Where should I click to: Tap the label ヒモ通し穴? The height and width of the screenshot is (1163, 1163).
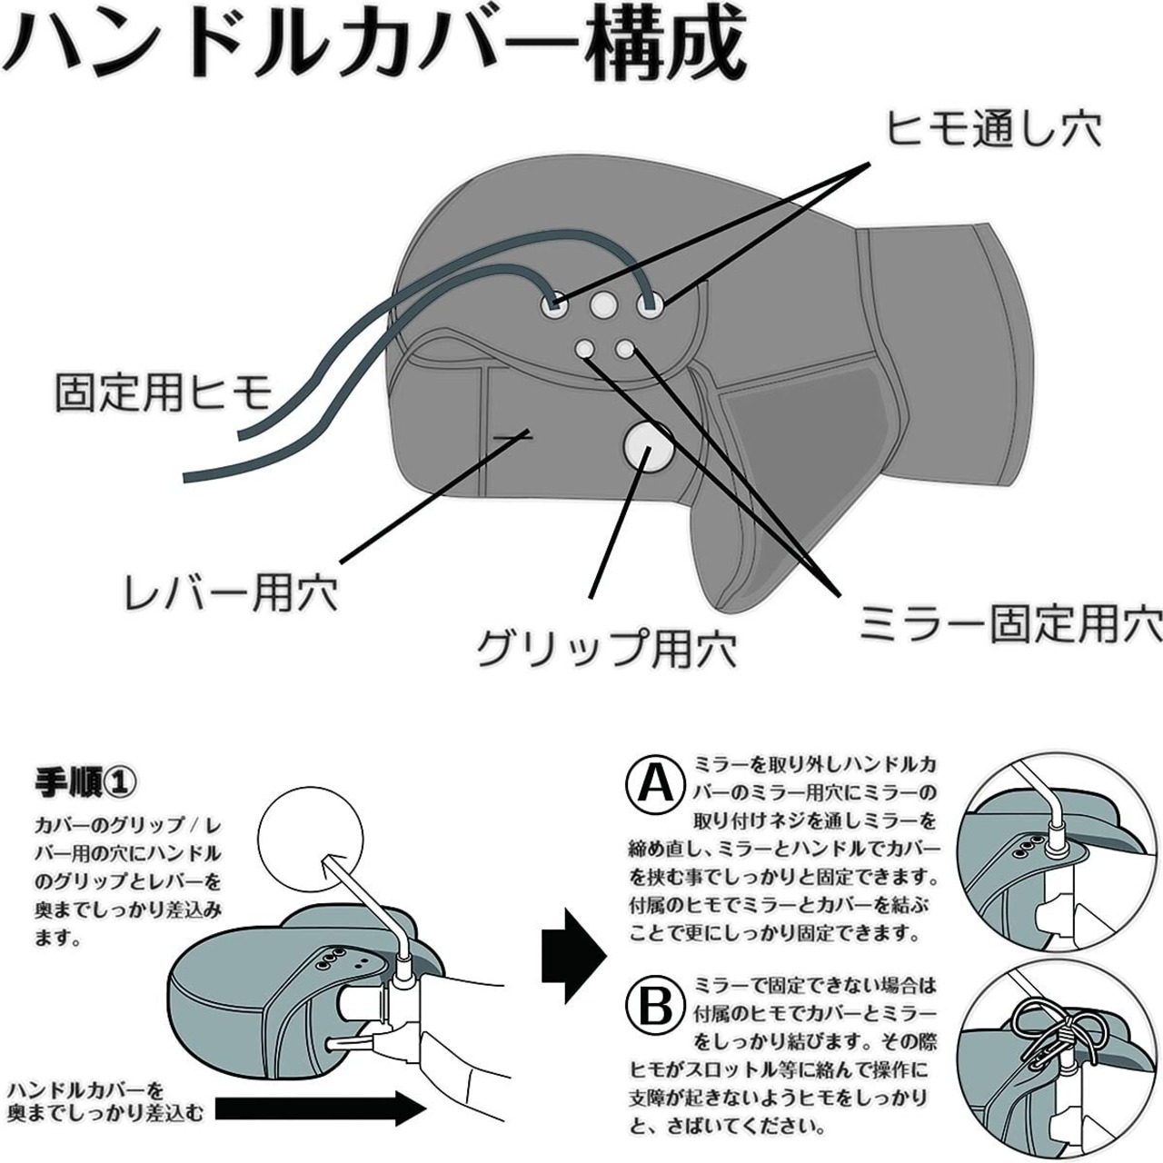(x=993, y=127)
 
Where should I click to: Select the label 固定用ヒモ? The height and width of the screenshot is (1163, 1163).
(x=164, y=393)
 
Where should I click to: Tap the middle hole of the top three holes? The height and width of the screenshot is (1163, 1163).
(x=602, y=306)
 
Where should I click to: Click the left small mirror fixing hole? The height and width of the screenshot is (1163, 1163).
(x=584, y=348)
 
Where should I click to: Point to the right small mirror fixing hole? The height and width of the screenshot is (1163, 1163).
(x=625, y=348)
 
